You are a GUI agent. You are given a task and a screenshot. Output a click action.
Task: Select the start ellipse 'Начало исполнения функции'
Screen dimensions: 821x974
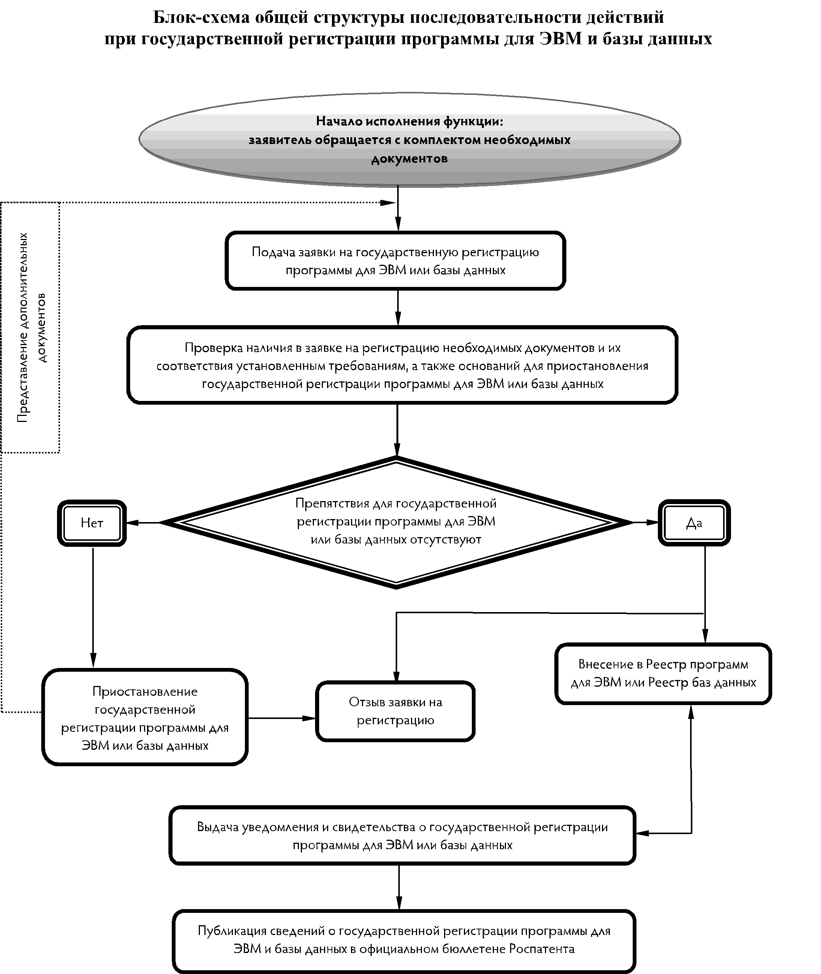tap(410, 140)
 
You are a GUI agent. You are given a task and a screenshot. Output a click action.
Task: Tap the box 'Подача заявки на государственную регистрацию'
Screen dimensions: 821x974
tap(395, 261)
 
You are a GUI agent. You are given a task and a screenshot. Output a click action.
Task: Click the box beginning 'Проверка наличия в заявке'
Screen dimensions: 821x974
tap(402, 365)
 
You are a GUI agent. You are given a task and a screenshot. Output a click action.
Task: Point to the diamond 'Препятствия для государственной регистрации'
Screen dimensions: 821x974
tap(396, 522)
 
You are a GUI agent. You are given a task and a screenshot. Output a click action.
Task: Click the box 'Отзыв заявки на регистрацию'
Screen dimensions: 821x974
tap(395, 711)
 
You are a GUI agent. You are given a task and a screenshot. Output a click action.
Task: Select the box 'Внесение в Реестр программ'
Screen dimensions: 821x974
tap(663, 673)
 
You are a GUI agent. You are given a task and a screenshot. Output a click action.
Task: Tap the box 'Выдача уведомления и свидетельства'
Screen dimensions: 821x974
tap(402, 836)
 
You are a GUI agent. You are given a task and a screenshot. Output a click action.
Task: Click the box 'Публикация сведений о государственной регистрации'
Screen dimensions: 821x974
tap(404, 940)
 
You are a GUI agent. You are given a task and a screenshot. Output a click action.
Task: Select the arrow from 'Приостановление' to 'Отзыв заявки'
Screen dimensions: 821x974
tap(282, 718)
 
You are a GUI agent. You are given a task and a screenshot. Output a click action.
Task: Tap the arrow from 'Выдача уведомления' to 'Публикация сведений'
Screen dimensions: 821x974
tap(399, 887)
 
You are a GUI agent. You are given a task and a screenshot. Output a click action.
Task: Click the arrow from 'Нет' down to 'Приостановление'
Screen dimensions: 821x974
tap(93, 607)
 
